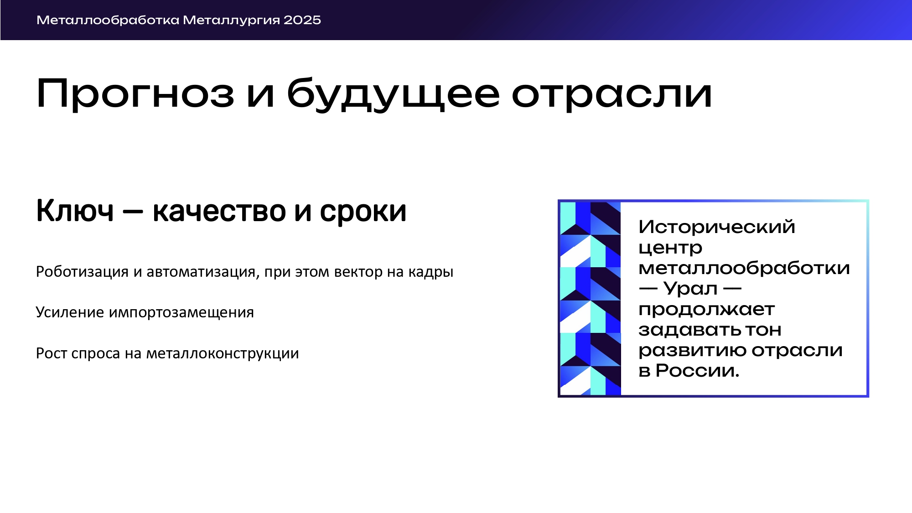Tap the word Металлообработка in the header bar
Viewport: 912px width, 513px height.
(108, 20)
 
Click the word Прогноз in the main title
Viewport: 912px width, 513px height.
(135, 94)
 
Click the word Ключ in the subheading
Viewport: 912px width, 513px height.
(75, 211)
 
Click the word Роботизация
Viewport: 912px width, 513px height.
(83, 272)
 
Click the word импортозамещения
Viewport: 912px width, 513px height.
(181, 313)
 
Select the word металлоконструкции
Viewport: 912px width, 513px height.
(223, 354)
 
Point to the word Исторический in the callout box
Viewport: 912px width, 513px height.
(717, 227)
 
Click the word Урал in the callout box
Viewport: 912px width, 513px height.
(690, 289)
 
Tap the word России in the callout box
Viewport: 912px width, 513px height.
(697, 371)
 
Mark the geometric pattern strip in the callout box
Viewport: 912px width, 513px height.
(590, 298)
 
